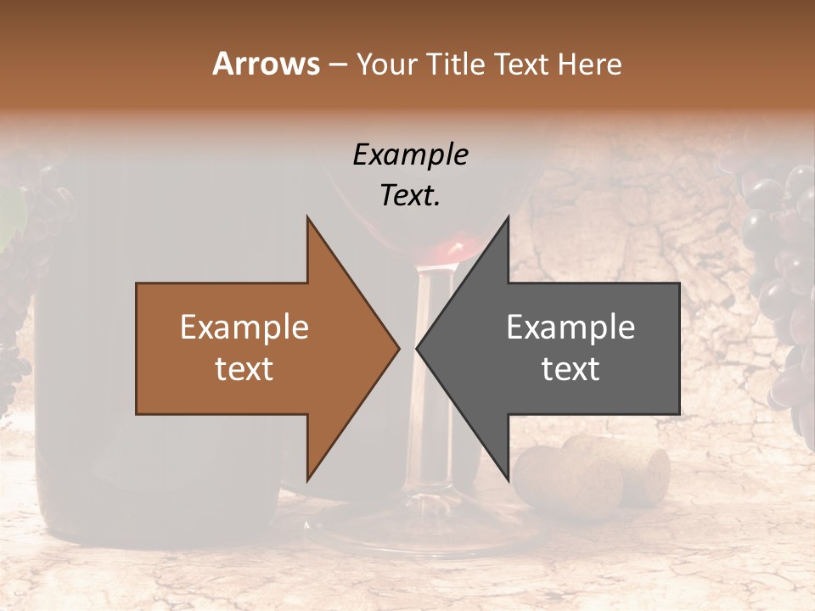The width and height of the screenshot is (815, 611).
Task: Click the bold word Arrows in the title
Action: click(267, 64)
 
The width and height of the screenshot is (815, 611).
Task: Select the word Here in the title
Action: click(589, 64)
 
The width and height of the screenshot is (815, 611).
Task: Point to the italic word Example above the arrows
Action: click(410, 155)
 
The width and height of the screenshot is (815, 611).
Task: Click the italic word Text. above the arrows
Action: click(410, 195)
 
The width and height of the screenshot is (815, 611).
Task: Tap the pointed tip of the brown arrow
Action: click(397, 348)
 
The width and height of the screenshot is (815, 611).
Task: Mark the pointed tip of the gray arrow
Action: click(419, 348)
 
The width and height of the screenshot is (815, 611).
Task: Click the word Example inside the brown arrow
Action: click(244, 328)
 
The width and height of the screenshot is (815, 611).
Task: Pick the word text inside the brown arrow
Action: click(244, 369)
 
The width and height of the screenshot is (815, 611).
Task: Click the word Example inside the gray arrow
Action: click(570, 328)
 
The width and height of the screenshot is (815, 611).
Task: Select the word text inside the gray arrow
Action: click(570, 369)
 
